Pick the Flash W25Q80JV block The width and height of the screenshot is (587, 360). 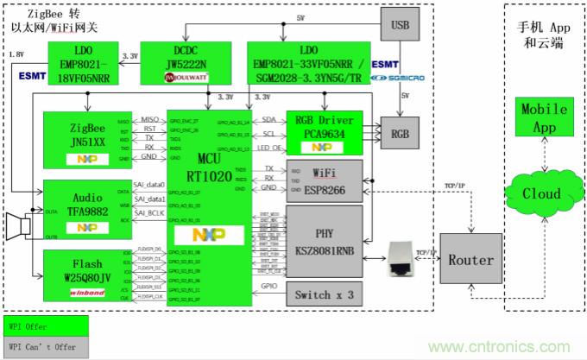(x=79, y=272)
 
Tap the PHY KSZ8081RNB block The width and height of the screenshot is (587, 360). (x=324, y=240)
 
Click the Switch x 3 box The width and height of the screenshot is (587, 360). (x=324, y=294)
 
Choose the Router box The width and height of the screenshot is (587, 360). (x=470, y=259)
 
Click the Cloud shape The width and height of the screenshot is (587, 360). (x=540, y=194)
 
